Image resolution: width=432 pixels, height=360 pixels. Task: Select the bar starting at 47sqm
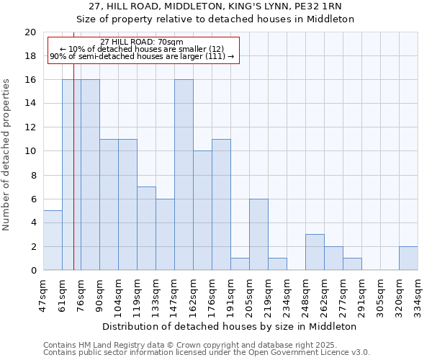click(x=53, y=240)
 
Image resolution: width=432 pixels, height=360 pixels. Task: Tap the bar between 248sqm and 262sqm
click(x=315, y=252)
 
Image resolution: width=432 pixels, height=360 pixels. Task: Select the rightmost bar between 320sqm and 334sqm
click(x=408, y=258)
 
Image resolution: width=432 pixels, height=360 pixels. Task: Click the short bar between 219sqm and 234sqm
click(x=277, y=264)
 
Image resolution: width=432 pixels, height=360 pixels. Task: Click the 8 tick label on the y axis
click(x=32, y=175)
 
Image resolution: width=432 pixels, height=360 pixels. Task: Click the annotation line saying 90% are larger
click(x=142, y=56)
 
